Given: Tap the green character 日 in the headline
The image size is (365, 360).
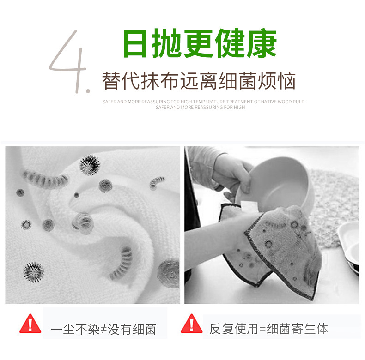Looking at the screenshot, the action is [x=135, y=43].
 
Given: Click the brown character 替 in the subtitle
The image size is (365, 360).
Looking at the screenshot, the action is [x=111, y=81].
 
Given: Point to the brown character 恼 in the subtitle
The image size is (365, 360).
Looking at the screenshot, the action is [x=287, y=81].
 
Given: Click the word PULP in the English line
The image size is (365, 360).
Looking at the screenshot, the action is [x=298, y=102].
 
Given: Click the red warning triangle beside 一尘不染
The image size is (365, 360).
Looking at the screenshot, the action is [x=30, y=324].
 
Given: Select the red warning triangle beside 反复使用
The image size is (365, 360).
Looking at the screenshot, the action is [x=192, y=324].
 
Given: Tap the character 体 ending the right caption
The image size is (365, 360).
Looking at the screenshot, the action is [x=322, y=329].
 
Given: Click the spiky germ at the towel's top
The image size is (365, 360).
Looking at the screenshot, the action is [x=90, y=165].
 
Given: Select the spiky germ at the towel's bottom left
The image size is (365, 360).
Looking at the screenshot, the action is [x=34, y=272].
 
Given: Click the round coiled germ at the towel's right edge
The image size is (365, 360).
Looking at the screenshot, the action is [x=168, y=272].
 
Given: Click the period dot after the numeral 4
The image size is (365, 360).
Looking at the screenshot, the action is [x=88, y=91].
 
